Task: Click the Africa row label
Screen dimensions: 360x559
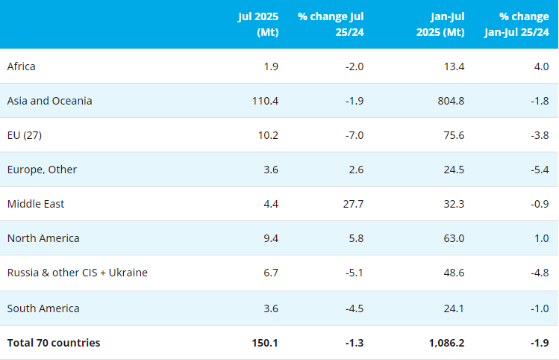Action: [22, 66]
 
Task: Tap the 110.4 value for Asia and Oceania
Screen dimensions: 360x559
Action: [266, 101]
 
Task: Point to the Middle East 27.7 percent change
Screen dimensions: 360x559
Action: [352, 204]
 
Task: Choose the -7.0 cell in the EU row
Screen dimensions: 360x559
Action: [353, 135]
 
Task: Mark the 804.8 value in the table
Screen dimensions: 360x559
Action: [450, 101]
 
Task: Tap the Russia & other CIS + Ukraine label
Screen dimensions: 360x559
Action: [78, 273]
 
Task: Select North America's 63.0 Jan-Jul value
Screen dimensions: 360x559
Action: [453, 238]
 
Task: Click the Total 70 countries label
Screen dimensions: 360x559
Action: [54, 343]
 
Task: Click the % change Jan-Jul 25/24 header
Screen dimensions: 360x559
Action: [516, 25]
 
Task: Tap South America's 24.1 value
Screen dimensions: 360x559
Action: [453, 308]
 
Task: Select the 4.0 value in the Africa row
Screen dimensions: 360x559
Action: [541, 66]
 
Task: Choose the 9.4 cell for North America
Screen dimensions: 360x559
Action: [271, 238]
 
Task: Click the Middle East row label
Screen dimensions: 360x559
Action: [37, 204]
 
